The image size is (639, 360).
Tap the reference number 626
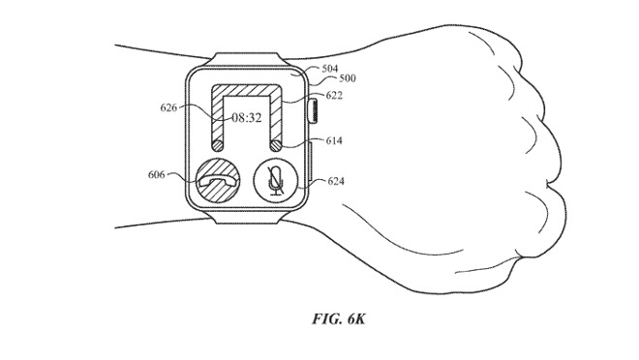pyautogui.click(x=170, y=109)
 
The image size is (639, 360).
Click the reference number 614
pyautogui.click(x=335, y=140)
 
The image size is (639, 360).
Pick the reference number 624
pyautogui.click(x=336, y=180)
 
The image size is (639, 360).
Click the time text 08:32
pyautogui.click(x=245, y=117)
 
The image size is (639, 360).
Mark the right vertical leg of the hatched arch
pyautogui.click(x=276, y=121)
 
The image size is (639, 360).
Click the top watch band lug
pyautogui.click(x=248, y=55)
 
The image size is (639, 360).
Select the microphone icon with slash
pyautogui.click(x=275, y=180)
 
